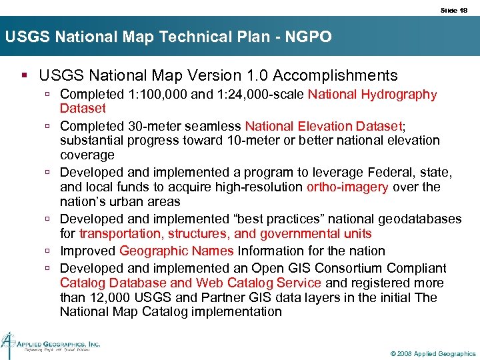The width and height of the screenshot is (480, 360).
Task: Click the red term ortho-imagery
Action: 347,187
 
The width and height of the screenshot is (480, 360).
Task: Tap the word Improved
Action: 87,251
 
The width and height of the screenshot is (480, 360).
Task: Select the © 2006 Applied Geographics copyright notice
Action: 433,353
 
